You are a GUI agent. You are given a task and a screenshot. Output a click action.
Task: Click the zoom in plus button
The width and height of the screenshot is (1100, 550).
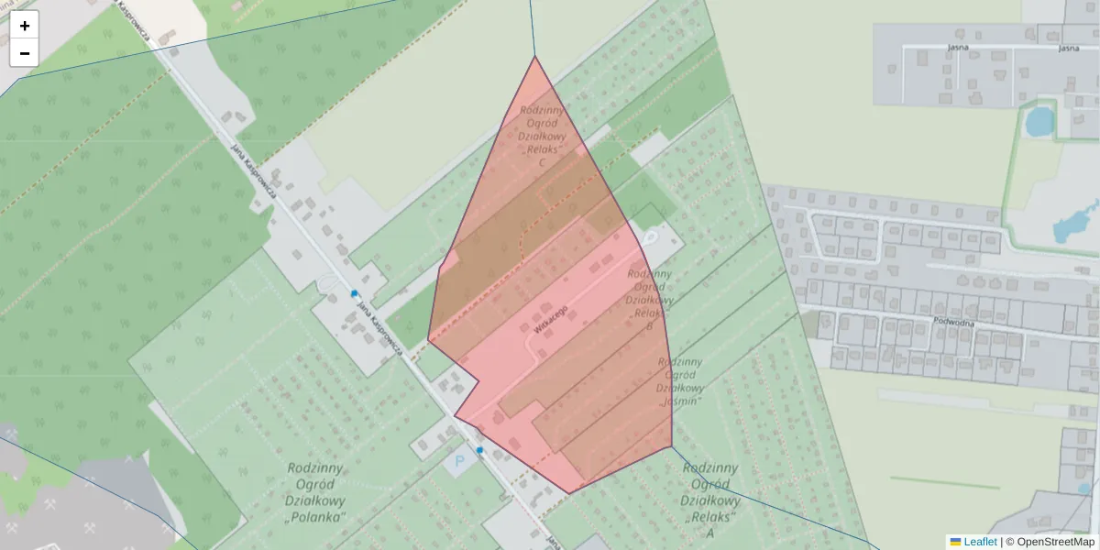(x=25, y=26)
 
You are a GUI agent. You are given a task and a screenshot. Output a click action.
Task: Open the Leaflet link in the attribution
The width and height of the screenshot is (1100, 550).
(x=980, y=542)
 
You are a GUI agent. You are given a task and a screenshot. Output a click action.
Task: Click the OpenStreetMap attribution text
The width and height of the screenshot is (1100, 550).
(x=1055, y=542)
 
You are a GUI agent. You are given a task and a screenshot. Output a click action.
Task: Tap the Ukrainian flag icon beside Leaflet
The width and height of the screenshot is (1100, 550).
(x=955, y=542)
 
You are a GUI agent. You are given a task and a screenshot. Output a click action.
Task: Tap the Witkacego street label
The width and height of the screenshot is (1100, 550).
(x=550, y=318)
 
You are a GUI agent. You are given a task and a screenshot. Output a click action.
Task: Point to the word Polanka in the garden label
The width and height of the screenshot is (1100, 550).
(x=315, y=517)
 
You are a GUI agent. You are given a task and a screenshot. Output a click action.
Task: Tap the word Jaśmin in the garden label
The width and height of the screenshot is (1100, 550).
(x=680, y=401)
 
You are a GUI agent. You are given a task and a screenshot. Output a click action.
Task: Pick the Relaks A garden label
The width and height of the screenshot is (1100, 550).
(x=710, y=500)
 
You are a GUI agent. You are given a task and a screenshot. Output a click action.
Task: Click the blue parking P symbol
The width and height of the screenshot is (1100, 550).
(x=459, y=461)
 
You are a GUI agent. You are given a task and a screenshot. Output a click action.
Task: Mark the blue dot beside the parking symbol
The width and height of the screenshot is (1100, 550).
(x=479, y=450)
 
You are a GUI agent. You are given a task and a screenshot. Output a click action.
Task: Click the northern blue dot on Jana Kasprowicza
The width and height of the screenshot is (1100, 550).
(x=354, y=293)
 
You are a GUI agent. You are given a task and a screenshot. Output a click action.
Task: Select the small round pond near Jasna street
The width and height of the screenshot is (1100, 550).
(x=1039, y=121)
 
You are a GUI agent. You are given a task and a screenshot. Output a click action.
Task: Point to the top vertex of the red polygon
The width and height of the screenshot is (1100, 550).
(x=535, y=57)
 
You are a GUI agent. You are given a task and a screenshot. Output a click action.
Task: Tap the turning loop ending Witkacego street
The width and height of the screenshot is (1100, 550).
(x=650, y=237)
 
